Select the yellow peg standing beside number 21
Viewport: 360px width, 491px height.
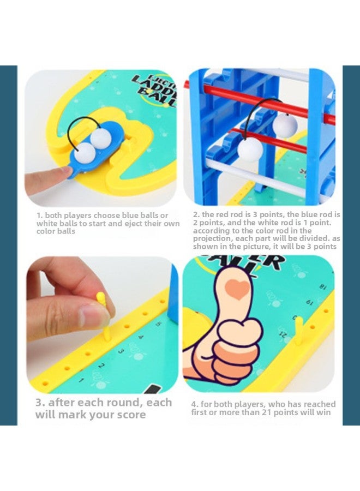point(298,331)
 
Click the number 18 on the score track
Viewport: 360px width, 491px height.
point(322,285)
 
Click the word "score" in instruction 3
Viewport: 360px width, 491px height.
point(130,415)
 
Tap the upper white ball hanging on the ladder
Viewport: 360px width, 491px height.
point(285,125)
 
